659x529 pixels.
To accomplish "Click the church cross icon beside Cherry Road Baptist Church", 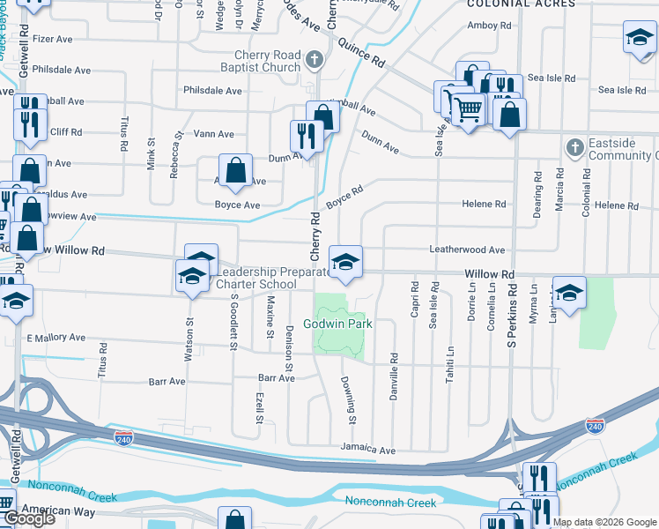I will pyautogui.click(x=313, y=61).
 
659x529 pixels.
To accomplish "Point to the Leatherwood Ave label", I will pyautogui.click(x=467, y=250).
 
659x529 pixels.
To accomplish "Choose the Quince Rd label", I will pyautogui.click(x=361, y=52).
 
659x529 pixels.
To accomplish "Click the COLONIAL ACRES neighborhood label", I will pyautogui.click(x=522, y=4).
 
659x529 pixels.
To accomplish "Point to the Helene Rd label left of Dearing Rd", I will pyautogui.click(x=484, y=205).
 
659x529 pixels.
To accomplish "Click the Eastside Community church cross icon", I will pyautogui.click(x=574, y=147).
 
